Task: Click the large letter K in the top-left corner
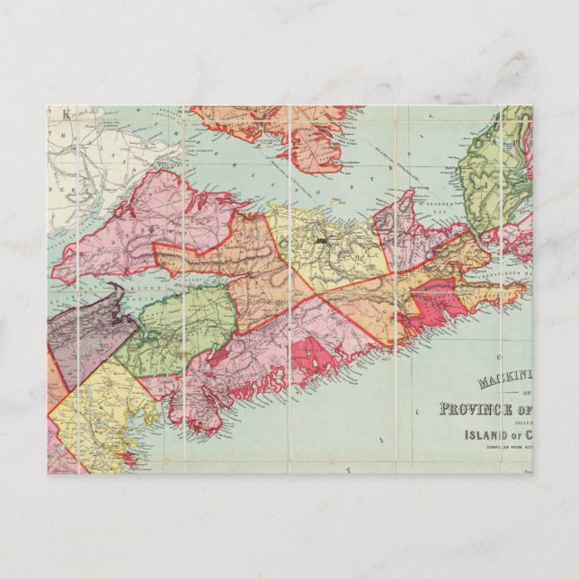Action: (65, 113)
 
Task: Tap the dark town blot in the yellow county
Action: (321, 241)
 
